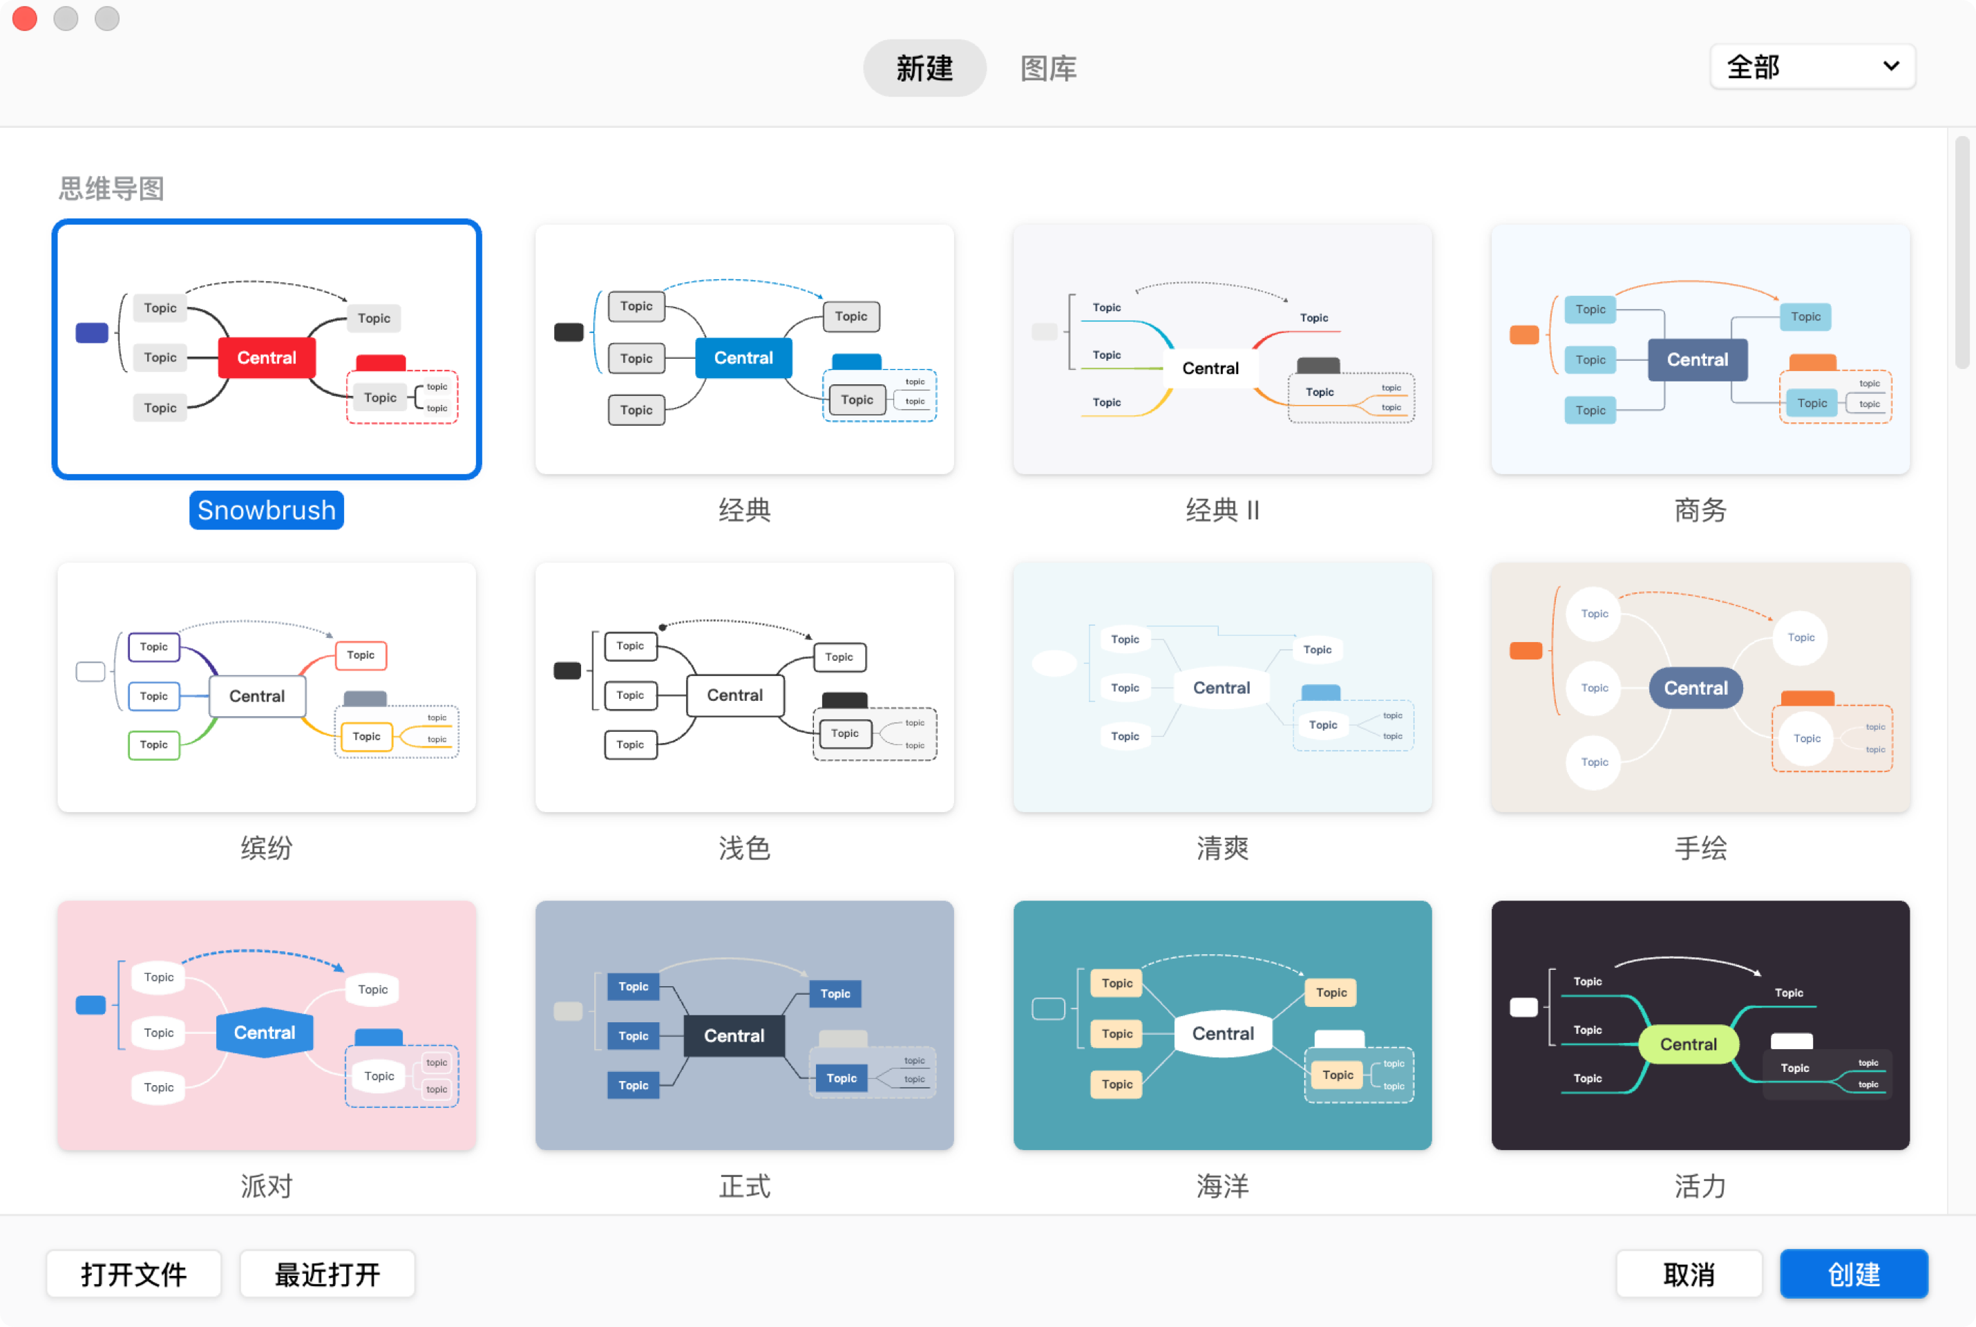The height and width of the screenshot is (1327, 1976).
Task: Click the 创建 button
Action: tap(1852, 1274)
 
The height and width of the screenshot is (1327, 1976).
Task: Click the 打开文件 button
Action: tap(133, 1274)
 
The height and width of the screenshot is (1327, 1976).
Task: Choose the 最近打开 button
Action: tap(327, 1274)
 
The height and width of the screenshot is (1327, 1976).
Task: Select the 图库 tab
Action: tap(1048, 68)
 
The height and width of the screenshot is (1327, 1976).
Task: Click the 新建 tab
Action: tap(924, 68)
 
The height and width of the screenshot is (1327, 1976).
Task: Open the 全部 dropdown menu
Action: tap(1812, 66)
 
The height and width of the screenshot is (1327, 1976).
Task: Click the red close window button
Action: tap(26, 18)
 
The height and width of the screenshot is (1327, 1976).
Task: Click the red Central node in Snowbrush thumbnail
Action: tap(267, 357)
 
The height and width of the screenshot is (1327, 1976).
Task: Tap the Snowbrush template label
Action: tap(267, 509)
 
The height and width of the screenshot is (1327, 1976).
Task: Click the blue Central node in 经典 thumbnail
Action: tap(743, 357)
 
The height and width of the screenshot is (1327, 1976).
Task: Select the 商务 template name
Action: tap(1700, 509)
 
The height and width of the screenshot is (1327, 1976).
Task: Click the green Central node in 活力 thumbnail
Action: tap(1689, 1044)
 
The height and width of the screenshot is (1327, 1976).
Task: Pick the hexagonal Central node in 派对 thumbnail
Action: tap(265, 1033)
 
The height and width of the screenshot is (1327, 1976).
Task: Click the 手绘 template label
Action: tap(1700, 847)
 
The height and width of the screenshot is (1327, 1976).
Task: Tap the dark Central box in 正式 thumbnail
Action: tap(733, 1035)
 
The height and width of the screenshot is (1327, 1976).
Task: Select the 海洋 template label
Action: tap(1222, 1186)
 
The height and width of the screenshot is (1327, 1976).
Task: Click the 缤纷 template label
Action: tap(267, 847)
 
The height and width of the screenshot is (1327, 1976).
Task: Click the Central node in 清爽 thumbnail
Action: tap(1221, 687)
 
